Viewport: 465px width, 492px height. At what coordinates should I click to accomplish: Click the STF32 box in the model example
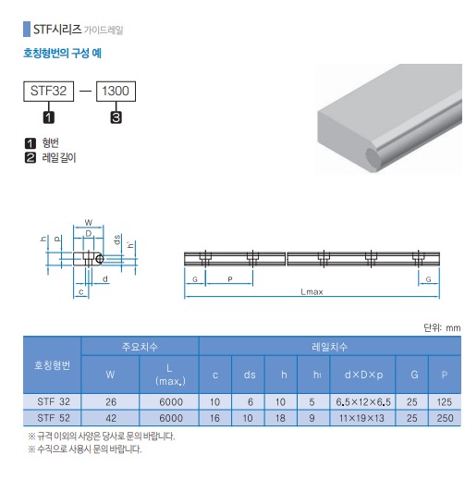pos(49,92)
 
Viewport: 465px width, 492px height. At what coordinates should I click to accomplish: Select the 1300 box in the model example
pos(116,92)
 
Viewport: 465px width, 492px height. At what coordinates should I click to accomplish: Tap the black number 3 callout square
pos(116,117)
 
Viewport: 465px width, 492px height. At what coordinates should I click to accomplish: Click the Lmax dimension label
pos(312,292)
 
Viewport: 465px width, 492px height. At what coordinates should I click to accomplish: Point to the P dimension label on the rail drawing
pos(230,279)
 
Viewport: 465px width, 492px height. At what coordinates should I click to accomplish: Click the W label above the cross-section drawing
pos(89,222)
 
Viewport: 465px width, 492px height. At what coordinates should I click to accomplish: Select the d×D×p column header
pos(363,375)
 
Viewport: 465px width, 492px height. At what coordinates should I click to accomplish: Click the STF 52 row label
pos(54,418)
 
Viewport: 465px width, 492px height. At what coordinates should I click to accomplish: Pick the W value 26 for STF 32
pos(111,402)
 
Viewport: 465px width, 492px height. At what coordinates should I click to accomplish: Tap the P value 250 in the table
pos(445,418)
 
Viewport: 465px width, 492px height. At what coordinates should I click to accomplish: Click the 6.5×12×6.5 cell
pos(363,402)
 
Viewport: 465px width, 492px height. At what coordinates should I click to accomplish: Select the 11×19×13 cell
pos(361,418)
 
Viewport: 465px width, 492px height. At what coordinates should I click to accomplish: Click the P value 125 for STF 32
pos(445,402)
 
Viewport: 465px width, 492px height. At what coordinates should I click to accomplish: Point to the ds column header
pos(250,375)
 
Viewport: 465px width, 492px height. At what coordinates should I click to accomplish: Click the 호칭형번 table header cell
pos(52,365)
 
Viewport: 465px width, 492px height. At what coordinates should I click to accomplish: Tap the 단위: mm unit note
pos(442,328)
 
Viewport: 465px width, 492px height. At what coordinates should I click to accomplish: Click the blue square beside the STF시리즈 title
pos(27,30)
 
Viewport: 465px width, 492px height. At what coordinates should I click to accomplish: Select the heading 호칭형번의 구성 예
pos(62,53)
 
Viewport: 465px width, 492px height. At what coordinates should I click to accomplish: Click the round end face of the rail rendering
pos(373,157)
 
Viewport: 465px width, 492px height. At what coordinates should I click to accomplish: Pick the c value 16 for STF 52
pos(214,418)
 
